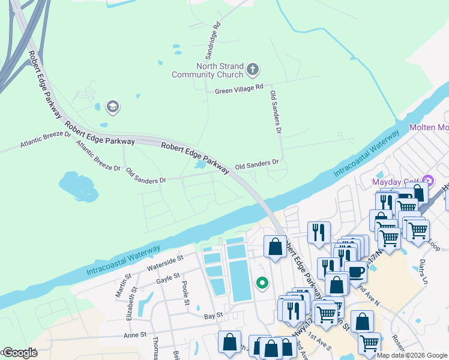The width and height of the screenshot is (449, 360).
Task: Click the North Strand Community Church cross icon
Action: [x=253, y=70]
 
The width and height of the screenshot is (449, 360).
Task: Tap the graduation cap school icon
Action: [x=112, y=107]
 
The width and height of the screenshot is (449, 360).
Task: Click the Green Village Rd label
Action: [x=239, y=88]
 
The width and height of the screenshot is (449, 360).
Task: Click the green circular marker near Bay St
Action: [x=262, y=283]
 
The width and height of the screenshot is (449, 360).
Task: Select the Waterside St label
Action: [x=163, y=262]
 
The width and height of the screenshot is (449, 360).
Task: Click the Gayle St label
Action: [x=167, y=277]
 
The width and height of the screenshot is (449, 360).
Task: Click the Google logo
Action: [x=19, y=353]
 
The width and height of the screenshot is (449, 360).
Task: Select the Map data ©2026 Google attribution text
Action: [x=412, y=355]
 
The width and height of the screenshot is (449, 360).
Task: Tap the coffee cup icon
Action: [x=355, y=271]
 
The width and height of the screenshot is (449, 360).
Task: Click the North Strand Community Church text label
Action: [x=208, y=70]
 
